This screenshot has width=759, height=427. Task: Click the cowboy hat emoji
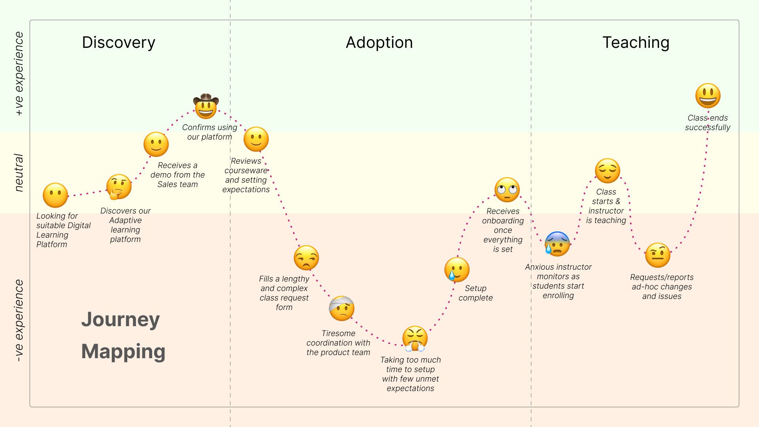pos(206,106)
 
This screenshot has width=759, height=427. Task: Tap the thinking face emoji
pos(119,187)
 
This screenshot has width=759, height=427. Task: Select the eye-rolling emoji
pos(507,190)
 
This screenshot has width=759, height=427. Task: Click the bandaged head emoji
pos(342,308)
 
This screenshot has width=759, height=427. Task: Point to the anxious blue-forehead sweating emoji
pos(557,244)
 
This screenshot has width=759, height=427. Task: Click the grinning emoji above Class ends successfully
pos(708,96)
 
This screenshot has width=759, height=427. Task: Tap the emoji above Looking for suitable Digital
pos(55,195)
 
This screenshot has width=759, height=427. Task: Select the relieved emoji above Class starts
pos(607,171)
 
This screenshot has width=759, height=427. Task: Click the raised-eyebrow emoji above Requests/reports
pos(657,255)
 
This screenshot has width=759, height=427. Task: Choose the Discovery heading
pos(119,43)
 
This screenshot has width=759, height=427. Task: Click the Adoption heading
pos(379,43)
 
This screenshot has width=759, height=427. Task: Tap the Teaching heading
pos(636,43)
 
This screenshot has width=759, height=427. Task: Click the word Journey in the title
pos(121,319)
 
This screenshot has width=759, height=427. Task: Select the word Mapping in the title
pos(123,351)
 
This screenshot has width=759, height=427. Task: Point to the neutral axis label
pos(19,173)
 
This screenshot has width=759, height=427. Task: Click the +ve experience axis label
pos(19,74)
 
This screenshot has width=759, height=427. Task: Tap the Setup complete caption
pos(476,293)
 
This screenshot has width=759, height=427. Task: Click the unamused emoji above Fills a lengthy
pos(306,258)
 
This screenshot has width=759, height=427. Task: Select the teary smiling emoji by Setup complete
pos(457,270)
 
